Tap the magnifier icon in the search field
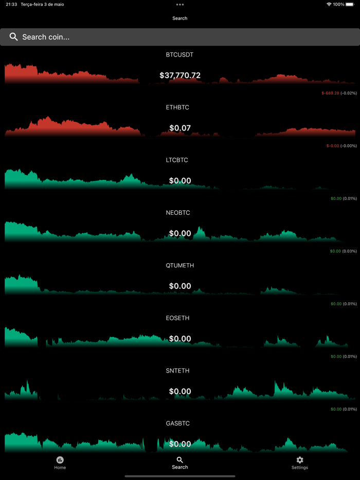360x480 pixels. [x=14, y=37]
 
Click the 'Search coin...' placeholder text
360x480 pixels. [x=46, y=37]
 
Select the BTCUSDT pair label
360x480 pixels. [x=179, y=54]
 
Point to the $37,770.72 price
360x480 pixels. [x=180, y=76]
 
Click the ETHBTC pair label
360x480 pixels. [x=177, y=107]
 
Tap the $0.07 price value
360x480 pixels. [x=180, y=128]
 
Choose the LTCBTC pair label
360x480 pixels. [x=177, y=160]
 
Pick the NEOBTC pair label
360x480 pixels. [x=177, y=213]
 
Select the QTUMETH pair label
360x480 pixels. [x=179, y=266]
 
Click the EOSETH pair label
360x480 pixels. [x=178, y=318]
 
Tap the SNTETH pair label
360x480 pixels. [x=178, y=371]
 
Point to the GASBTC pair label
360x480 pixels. [x=178, y=423]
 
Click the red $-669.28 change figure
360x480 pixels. [x=330, y=93]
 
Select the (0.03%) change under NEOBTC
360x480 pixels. [x=350, y=251]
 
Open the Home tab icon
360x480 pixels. [x=60, y=460]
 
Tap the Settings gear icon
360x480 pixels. [x=300, y=460]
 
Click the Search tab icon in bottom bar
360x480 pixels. [x=179, y=460]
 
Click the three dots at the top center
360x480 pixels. [x=179, y=5]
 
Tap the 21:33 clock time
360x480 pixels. [x=11, y=4]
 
